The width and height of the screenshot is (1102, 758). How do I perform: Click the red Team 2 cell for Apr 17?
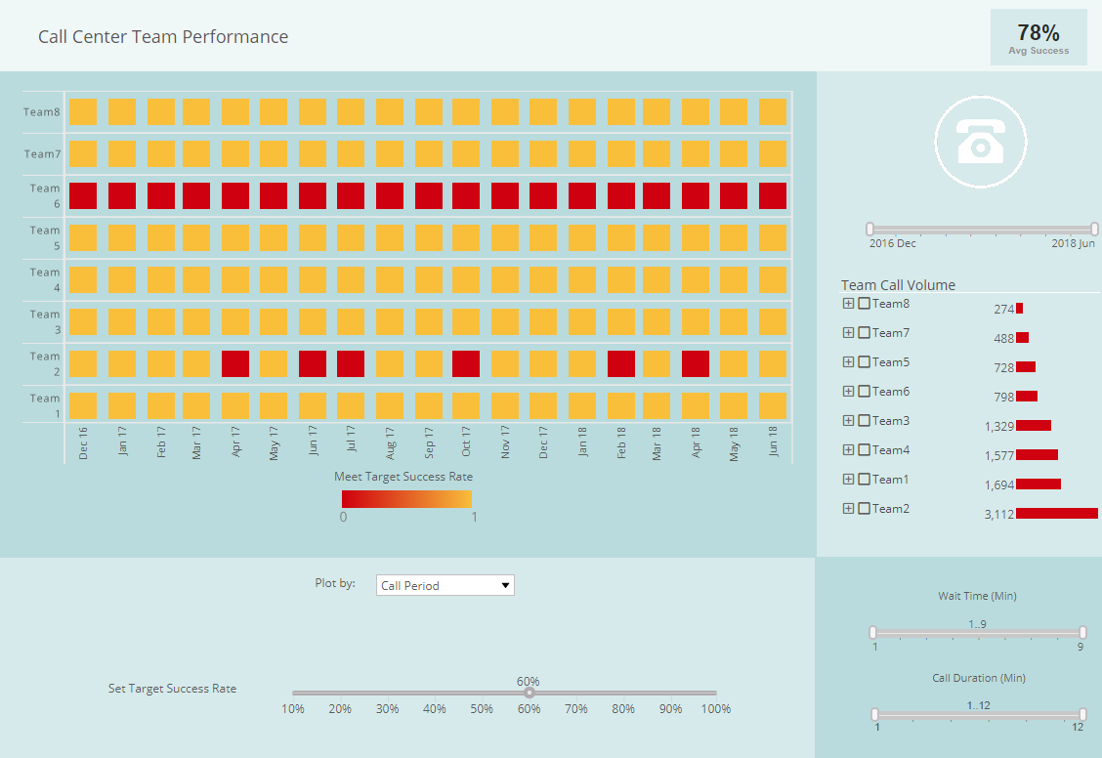(x=235, y=363)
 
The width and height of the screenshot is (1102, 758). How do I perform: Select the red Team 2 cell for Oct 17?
(x=466, y=363)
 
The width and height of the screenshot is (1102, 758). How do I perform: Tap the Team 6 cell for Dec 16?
(x=83, y=195)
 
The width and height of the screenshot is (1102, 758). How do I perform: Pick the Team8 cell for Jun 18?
(x=773, y=111)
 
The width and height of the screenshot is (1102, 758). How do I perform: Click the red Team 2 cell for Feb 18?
(x=621, y=363)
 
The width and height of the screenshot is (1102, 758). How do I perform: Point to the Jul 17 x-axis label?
(x=351, y=442)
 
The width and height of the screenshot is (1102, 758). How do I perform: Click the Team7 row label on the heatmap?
(x=42, y=154)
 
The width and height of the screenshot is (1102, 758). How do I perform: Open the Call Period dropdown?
(x=445, y=585)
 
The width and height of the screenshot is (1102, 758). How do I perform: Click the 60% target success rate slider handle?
(x=529, y=693)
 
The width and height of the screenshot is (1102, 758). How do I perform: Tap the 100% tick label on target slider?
(x=715, y=708)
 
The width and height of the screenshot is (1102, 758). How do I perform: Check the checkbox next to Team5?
(x=864, y=362)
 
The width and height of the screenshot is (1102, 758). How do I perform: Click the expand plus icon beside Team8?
(x=848, y=304)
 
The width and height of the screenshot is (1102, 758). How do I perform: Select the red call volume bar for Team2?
(x=1057, y=513)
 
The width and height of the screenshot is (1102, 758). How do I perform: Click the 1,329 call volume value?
(x=999, y=426)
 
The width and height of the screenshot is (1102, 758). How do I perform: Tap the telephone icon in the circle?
(x=980, y=143)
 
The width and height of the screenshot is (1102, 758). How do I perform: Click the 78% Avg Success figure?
(x=1038, y=33)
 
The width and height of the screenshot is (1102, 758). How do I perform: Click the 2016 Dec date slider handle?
(x=869, y=229)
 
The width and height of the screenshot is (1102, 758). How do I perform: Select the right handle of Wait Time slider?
(x=1082, y=632)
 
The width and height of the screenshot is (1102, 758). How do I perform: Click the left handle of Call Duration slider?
(x=874, y=714)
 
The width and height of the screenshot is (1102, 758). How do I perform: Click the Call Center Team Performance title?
(x=163, y=37)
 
